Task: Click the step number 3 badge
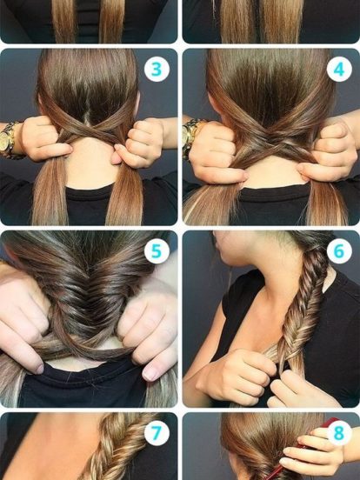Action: [x=157, y=70]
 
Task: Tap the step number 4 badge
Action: [x=339, y=70]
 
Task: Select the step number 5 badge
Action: [x=157, y=251]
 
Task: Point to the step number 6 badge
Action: [x=339, y=251]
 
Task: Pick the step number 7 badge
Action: [x=157, y=433]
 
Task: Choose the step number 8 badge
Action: [x=339, y=433]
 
